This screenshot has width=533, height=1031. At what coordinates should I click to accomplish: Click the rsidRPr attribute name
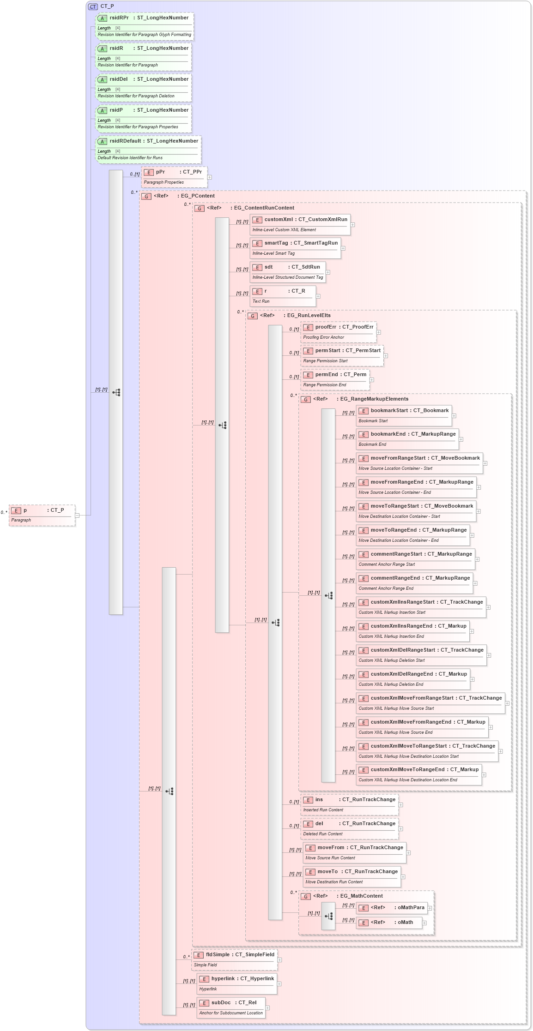click(119, 18)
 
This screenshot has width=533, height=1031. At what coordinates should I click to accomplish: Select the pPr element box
click(174, 177)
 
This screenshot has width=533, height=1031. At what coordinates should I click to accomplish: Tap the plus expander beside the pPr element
click(210, 177)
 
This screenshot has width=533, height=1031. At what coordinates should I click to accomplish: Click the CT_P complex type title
click(107, 6)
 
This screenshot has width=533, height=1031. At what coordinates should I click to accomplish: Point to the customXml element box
click(300, 224)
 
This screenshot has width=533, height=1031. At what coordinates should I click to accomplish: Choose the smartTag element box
click(295, 248)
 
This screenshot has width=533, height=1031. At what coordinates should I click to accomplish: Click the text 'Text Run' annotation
click(261, 301)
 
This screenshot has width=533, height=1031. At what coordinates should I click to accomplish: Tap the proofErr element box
click(338, 332)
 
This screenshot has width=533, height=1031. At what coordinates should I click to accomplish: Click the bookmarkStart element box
click(404, 415)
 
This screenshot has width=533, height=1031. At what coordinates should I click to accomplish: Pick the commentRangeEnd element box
click(414, 583)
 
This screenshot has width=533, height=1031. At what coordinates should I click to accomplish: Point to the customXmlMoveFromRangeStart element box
click(430, 703)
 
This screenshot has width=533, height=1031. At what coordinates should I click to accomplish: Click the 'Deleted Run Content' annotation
click(323, 834)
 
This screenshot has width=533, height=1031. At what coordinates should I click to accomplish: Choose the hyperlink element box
click(237, 983)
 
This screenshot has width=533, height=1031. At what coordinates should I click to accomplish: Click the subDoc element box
click(231, 1007)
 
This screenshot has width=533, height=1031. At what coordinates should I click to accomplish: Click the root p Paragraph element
click(42, 515)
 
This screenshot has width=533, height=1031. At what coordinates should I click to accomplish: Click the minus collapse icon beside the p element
click(77, 515)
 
